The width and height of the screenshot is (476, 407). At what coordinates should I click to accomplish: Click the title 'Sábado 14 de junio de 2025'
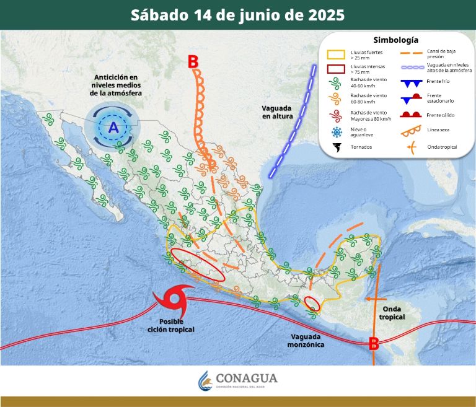237,15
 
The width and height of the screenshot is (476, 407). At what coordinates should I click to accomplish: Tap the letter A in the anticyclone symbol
113,128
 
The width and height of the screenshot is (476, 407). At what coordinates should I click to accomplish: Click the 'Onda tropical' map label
394,313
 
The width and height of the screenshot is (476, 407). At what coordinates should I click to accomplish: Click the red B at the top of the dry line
193,62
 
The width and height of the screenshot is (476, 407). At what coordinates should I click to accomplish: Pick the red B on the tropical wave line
374,343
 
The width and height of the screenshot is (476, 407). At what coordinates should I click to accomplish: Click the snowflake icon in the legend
337,132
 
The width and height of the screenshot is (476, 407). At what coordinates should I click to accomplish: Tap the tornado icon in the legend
337,147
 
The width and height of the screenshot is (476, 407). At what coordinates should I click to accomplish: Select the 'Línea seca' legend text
438,130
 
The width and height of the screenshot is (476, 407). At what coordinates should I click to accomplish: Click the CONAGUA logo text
247,378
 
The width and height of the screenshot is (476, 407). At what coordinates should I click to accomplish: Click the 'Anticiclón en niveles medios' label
115,84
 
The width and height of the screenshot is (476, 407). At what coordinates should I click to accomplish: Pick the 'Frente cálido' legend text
440,115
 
